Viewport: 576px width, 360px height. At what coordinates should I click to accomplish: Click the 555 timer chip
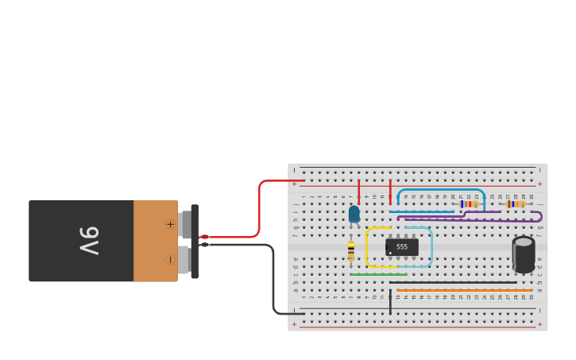[x=402, y=247]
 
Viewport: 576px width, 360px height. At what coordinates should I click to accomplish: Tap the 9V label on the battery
[x=88, y=241]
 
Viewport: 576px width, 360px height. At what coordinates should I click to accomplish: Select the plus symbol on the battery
[x=169, y=224]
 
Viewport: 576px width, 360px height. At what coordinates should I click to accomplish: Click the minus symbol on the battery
[x=169, y=259]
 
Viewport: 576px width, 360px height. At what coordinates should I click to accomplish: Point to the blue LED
[x=354, y=214]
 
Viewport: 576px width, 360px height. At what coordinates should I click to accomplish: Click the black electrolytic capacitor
[x=524, y=254]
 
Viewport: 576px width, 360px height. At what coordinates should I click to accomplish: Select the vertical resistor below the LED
[x=351, y=251]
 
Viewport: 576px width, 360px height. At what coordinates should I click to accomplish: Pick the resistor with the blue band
[x=469, y=204]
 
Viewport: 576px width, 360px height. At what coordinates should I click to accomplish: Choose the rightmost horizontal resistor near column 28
[x=516, y=204]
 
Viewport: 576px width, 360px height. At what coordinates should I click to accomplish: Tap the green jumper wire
[x=378, y=275]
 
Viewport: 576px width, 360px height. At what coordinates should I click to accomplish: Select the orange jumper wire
[x=464, y=290]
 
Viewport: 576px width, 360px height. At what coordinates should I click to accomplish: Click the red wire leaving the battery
[x=259, y=208]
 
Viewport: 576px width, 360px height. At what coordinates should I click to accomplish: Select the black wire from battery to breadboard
[x=273, y=278]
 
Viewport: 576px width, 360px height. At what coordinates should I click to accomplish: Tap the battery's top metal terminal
[x=186, y=224]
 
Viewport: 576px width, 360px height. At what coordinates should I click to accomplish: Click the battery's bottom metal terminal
[x=185, y=260]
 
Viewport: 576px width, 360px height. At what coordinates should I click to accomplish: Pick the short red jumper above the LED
[x=359, y=191]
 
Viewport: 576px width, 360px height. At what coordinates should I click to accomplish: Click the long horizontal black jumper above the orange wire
[x=453, y=282]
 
